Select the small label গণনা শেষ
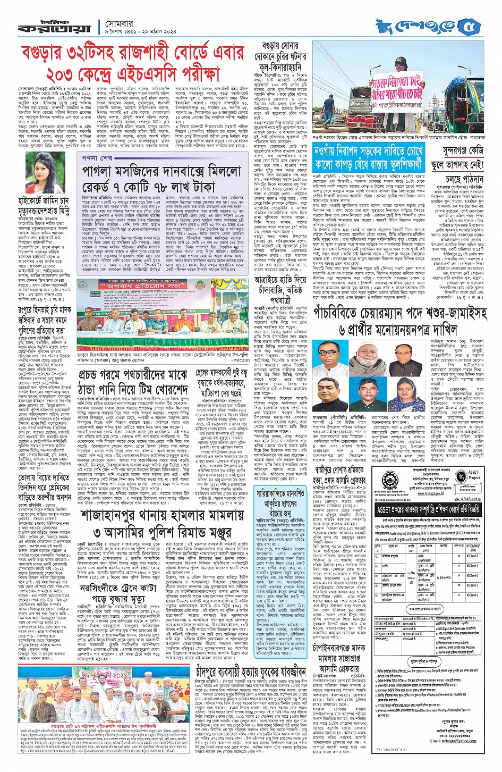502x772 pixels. (x=97, y=158)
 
